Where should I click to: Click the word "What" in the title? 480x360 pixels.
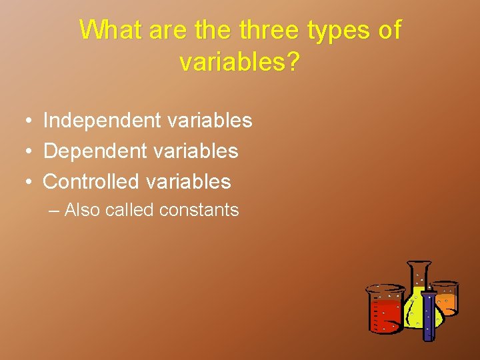[111, 30]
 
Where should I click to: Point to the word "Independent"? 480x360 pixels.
[102, 121]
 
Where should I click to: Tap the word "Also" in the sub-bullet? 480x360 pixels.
[83, 210]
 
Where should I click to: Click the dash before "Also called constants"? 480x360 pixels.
[54, 211]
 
